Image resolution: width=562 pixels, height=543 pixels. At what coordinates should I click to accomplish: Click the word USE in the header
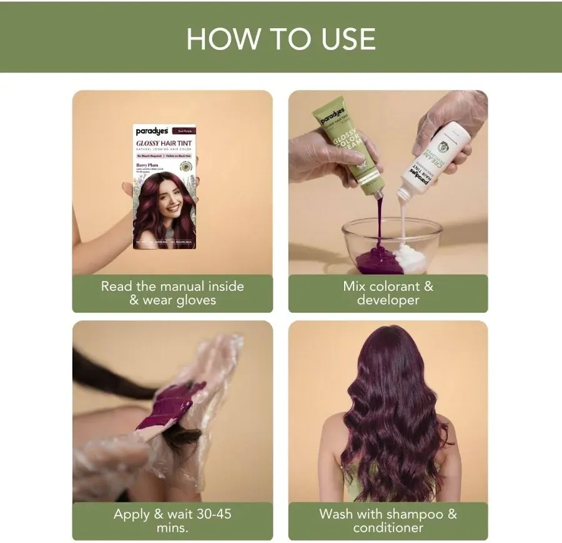tap(337, 39)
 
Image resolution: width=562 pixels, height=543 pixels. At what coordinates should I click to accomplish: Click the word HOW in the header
tap(224, 39)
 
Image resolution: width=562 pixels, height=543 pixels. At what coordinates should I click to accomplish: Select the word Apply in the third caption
tap(132, 515)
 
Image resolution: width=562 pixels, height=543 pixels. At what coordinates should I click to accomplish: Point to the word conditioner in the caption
tap(388, 528)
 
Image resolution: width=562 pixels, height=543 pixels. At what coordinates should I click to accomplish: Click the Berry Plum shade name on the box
tap(147, 165)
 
